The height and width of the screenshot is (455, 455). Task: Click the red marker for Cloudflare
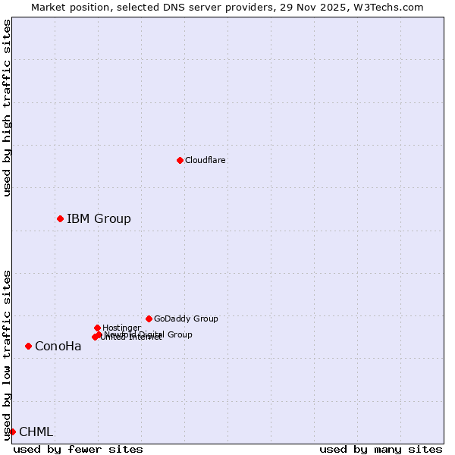pyautogui.click(x=180, y=160)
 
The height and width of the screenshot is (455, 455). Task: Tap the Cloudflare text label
pyautogui.click(x=206, y=160)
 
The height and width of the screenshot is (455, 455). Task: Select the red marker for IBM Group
pyautogui.click(x=60, y=218)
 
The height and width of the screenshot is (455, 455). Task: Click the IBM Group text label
pyautogui.click(x=99, y=219)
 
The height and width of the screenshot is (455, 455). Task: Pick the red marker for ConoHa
pyautogui.click(x=28, y=346)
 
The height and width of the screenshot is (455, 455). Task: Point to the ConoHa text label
pyautogui.click(x=58, y=347)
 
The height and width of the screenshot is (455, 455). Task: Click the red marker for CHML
pyautogui.click(x=12, y=431)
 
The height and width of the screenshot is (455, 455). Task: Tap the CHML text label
pyautogui.click(x=36, y=432)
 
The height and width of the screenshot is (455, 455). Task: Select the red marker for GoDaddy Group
pyautogui.click(x=149, y=318)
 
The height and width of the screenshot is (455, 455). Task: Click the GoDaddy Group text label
pyautogui.click(x=186, y=318)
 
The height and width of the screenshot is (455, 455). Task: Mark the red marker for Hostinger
pyautogui.click(x=97, y=328)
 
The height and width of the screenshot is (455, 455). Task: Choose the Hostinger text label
pyautogui.click(x=121, y=328)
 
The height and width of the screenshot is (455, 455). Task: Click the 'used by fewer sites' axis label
pyautogui.click(x=78, y=449)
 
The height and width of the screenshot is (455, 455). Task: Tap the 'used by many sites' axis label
pyautogui.click(x=381, y=449)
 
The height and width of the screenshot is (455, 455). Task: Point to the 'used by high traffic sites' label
pyautogui.click(x=7, y=108)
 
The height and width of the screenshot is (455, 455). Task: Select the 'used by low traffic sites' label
pyautogui.click(x=7, y=354)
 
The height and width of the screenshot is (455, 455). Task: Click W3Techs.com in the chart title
pyautogui.click(x=386, y=7)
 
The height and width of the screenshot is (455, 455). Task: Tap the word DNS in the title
pyautogui.click(x=171, y=7)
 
